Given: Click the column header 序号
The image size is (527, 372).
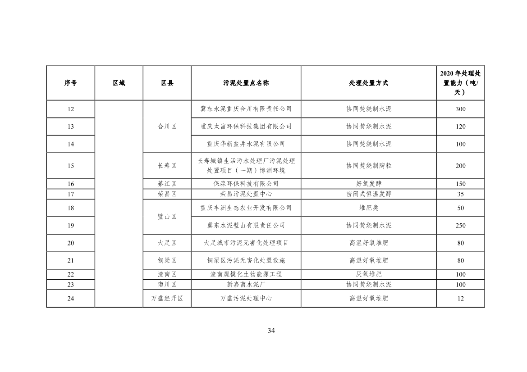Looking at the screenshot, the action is [71, 83].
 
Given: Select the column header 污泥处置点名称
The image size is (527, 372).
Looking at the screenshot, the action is [246, 83].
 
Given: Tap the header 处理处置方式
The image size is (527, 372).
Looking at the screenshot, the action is [369, 83].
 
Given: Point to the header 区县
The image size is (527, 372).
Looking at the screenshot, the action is [167, 83].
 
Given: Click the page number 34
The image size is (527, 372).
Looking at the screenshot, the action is [271, 331].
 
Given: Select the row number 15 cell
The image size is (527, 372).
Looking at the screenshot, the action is [71, 166].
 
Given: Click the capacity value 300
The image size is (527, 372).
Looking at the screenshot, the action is [460, 109].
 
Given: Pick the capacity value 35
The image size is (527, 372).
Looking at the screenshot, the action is [460, 194].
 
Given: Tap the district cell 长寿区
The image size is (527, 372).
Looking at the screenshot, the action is [167, 166].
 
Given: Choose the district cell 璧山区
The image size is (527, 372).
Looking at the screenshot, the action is [167, 217].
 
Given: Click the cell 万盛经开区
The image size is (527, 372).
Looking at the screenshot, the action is [167, 299].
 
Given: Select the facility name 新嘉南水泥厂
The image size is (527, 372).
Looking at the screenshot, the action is [246, 285].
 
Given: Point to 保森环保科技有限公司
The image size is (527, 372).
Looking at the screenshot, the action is [246, 184].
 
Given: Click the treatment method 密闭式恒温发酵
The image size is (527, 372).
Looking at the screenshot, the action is [369, 194].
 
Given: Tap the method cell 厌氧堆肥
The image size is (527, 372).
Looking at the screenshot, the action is [369, 274].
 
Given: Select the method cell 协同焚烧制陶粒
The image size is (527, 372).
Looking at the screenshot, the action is [369, 166].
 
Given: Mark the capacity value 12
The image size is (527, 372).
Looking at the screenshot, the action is [460, 299].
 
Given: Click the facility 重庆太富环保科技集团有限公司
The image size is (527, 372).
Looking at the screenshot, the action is [246, 127].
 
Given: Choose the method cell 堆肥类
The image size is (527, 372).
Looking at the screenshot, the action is [369, 208].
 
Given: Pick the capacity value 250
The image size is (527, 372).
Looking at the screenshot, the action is [460, 226].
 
